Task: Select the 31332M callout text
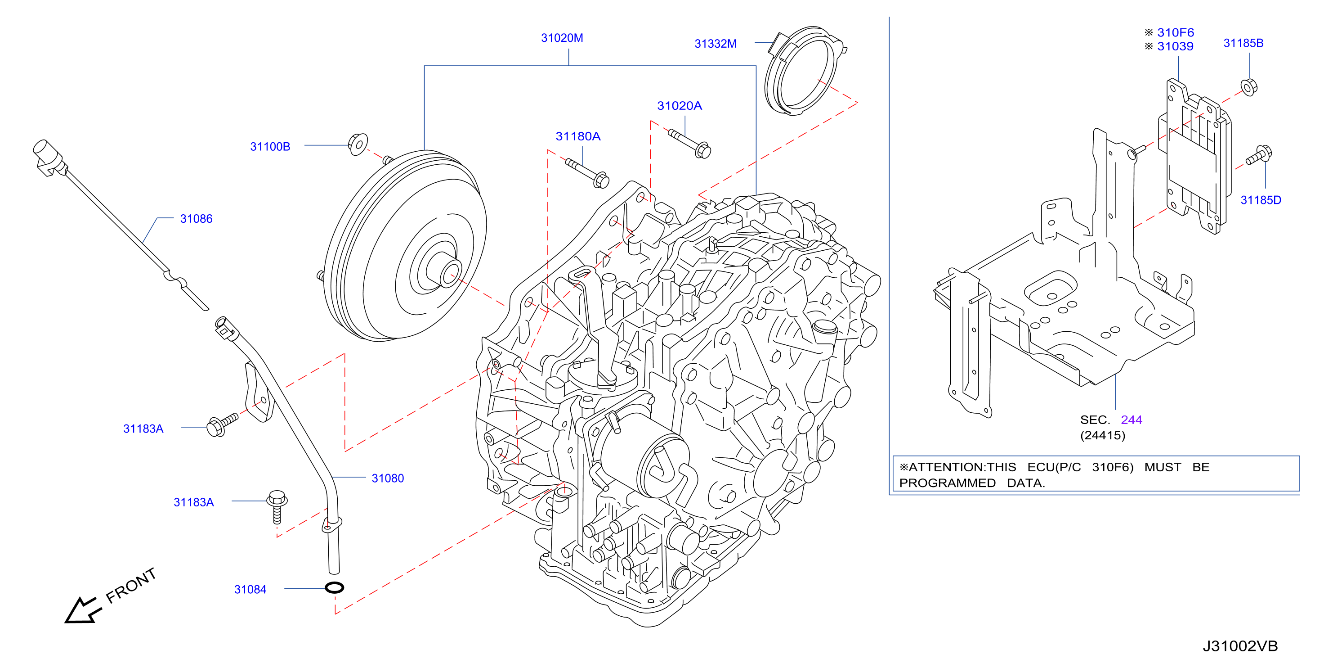point(715,44)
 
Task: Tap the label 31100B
point(270,147)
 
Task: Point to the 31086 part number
point(196,218)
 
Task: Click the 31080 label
point(388,478)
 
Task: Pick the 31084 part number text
point(250,589)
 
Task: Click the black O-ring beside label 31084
point(334,588)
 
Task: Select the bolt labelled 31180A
point(587,173)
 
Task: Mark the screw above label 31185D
point(1259,155)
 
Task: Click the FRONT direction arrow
point(82,610)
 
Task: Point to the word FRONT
point(131,585)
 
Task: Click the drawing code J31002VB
point(1240,646)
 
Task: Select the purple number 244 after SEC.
point(1131,420)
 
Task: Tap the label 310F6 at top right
point(1175,32)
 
